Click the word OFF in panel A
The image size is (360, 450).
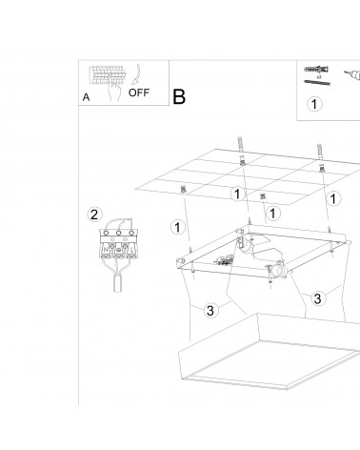[x=139, y=92]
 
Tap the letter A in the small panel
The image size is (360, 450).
[x=86, y=97]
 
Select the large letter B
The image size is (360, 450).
[x=179, y=96]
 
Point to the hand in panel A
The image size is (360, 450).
[x=114, y=91]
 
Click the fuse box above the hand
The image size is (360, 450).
[x=106, y=75]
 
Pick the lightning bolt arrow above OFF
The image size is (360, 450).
[x=136, y=73]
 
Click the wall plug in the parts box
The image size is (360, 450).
[x=316, y=70]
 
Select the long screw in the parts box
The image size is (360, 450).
[x=317, y=83]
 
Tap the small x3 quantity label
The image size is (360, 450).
[x=319, y=77]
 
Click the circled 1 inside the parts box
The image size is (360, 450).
[x=314, y=104]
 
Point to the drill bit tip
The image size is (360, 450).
[x=346, y=72]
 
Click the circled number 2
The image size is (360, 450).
[x=94, y=215]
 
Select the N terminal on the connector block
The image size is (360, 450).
[x=105, y=250]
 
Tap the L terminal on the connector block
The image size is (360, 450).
[x=131, y=250]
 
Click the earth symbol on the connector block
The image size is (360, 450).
[x=118, y=250]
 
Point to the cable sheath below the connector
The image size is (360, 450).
[x=118, y=284]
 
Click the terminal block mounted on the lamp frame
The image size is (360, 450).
[x=224, y=261]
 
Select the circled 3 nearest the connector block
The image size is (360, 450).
[x=210, y=310]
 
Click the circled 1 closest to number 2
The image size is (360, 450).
[x=177, y=228]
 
